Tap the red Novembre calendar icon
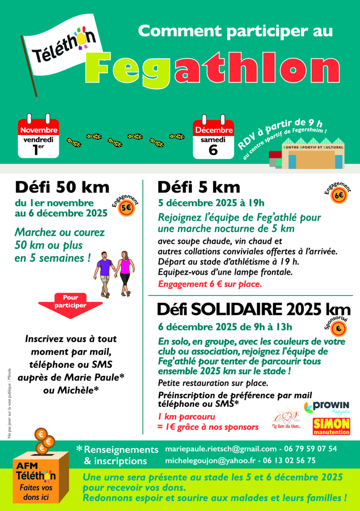tap(38, 136)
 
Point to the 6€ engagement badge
tap(339, 196)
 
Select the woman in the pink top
tap(125, 273)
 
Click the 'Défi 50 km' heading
tap(63, 187)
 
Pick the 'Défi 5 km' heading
tap(199, 187)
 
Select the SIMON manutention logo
tap(331, 426)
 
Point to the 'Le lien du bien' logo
tap(286, 419)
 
